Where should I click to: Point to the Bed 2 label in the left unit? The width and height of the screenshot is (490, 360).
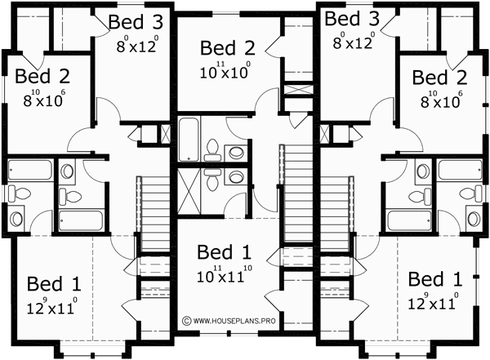42,77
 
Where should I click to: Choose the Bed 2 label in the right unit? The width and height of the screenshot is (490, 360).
439,78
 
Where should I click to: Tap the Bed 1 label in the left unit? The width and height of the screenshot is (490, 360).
54,285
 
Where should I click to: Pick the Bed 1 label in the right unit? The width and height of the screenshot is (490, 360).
435,279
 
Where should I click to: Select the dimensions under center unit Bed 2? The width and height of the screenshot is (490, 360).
225,72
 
